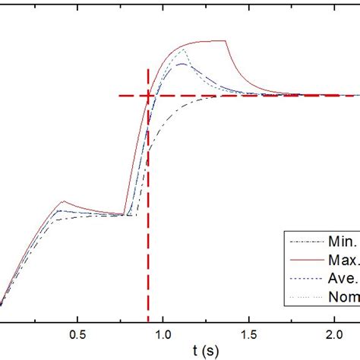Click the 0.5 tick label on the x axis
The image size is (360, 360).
click(77, 333)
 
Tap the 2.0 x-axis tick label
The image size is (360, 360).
click(335, 333)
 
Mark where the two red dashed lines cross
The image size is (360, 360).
click(147, 96)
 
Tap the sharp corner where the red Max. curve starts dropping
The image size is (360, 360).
click(226, 40)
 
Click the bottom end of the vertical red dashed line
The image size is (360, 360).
click(147, 319)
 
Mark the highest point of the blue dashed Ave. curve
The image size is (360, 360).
click(182, 64)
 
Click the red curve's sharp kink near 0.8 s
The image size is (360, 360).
click(124, 214)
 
